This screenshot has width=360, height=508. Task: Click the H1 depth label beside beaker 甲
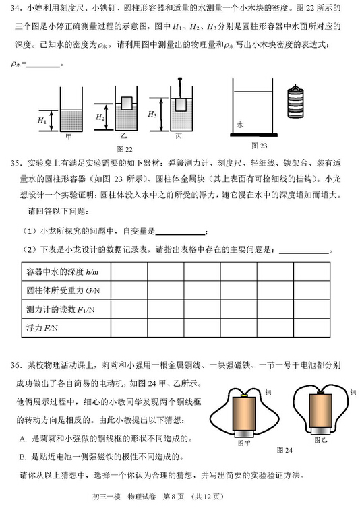(x=42, y=121)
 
